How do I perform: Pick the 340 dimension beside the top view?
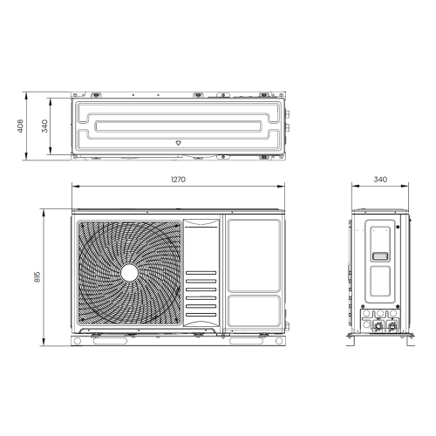44,126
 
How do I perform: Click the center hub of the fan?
129,273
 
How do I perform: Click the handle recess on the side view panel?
380,256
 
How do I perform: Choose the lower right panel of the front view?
254,310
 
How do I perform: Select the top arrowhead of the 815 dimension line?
44,210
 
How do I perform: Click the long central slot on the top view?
179,126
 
